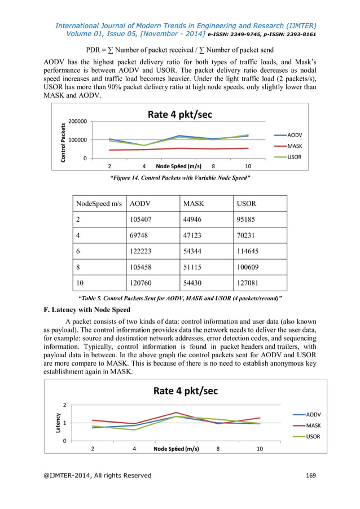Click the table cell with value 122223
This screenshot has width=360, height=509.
(142, 251)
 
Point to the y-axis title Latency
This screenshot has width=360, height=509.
(58, 423)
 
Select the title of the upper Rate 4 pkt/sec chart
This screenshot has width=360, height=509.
(180, 115)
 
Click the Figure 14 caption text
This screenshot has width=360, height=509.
(179, 178)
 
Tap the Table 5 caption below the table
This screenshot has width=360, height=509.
(179, 297)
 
